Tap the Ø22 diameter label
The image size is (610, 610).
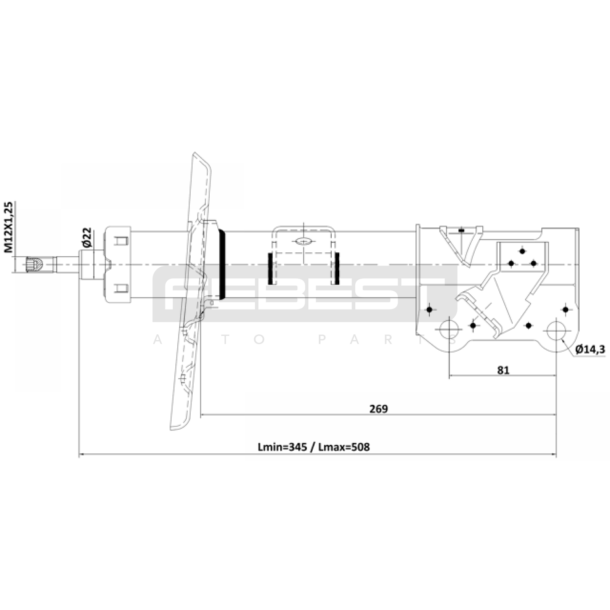[87, 238]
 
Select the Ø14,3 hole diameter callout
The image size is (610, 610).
[590, 349]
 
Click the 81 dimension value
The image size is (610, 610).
[503, 370]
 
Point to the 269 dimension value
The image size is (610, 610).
[379, 409]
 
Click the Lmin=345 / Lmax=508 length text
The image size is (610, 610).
[314, 447]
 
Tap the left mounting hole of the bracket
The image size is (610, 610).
[449, 329]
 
